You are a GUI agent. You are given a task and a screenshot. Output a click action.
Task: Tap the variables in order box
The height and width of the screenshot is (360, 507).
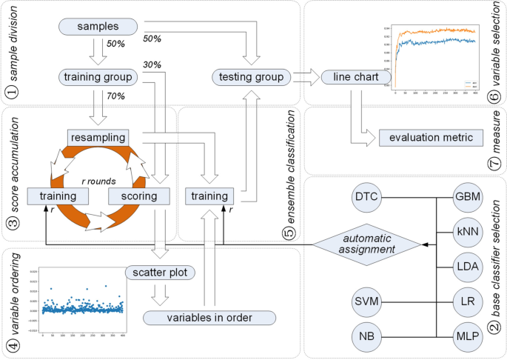(x=210, y=318)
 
